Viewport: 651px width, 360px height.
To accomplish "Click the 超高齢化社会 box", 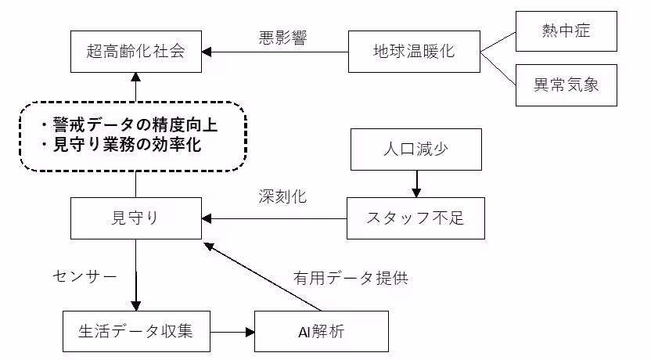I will [136, 52].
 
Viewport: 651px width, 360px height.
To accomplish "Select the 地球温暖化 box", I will [414, 52].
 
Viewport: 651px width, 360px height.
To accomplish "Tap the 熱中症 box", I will [566, 31].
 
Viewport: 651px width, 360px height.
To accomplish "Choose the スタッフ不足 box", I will [415, 218].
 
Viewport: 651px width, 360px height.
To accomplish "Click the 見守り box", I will [136, 218].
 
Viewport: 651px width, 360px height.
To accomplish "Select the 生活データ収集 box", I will [136, 331].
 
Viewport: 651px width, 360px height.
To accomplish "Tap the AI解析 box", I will [322, 331].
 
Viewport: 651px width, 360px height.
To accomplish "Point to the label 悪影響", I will [282, 37].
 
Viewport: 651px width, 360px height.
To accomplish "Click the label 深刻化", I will [282, 196].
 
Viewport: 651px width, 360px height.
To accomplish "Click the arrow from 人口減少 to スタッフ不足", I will [415, 183].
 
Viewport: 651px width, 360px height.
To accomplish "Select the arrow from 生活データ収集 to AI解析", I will [233, 332].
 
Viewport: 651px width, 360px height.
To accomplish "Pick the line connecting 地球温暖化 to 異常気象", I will [498, 67].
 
